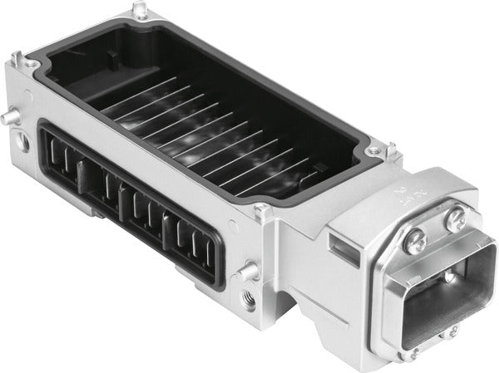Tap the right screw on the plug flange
point(454,220)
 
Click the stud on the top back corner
point(141,10)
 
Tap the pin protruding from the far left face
point(8,118)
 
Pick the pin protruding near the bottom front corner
point(246,271)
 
